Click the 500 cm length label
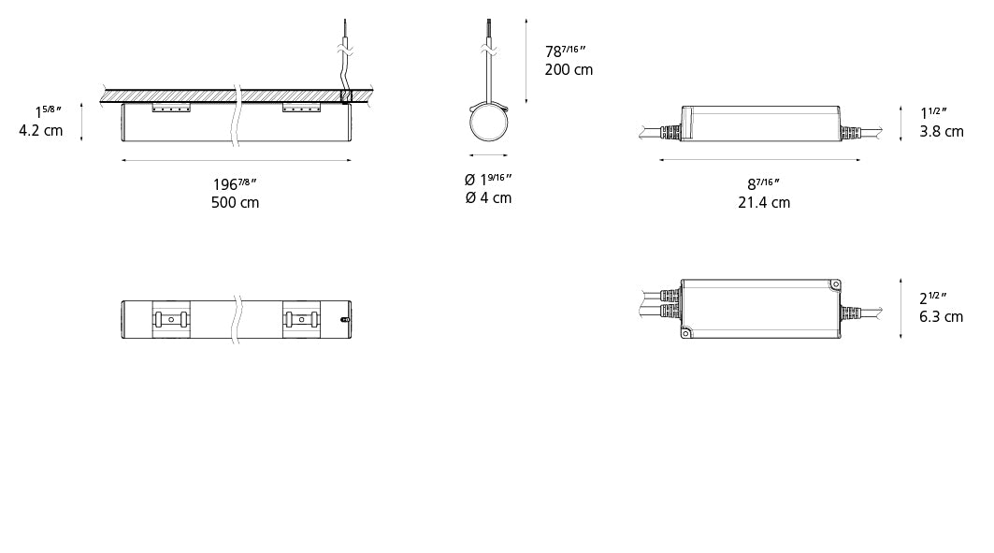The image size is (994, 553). (236, 202)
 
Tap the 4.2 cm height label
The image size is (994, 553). (41, 131)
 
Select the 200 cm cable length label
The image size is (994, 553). (569, 70)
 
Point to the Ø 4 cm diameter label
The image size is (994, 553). (488, 197)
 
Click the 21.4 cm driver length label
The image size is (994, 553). (764, 202)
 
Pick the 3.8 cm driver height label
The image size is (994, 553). (942, 131)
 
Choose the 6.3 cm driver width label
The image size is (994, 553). (942, 316)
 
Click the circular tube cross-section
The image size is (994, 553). (489, 123)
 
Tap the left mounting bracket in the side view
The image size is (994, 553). (171, 108)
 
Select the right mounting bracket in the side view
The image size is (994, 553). (301, 108)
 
